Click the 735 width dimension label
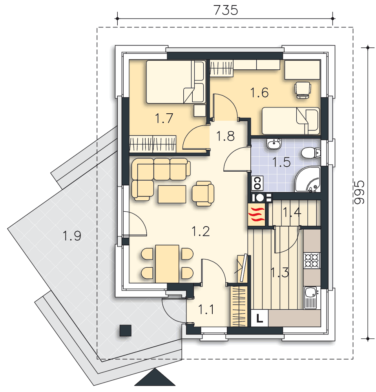(226, 10)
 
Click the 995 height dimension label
(359, 192)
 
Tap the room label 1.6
(259, 93)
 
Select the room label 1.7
(164, 118)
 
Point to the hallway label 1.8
(225, 136)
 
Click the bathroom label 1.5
(281, 162)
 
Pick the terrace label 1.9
(72, 236)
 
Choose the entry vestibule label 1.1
(206, 310)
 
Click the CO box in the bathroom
(257, 183)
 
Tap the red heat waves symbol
(256, 214)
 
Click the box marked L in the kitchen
(259, 318)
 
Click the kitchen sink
(311, 298)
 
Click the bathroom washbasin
(274, 144)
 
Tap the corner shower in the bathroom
(307, 179)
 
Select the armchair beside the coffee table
(203, 194)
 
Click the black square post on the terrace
(126, 330)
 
